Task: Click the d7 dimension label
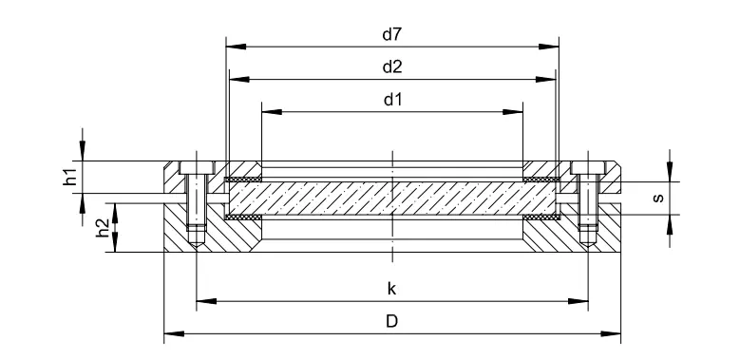coord(391,34)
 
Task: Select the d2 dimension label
coord(392,67)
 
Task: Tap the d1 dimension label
coord(392,100)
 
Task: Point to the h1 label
coord(70,178)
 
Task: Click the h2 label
coord(103,228)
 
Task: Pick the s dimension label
coord(658,198)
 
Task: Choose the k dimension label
coord(391,289)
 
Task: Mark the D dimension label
coord(391,321)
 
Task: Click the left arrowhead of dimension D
coord(174,333)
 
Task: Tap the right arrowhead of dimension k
coord(579,301)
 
